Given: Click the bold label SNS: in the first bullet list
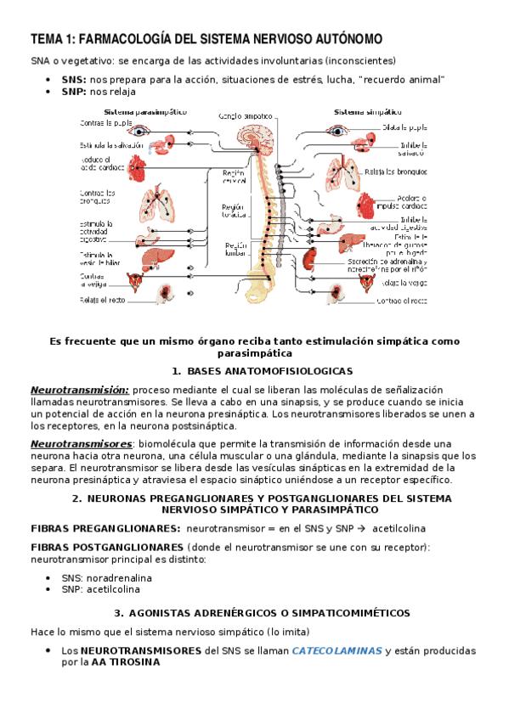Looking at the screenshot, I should point(74,79).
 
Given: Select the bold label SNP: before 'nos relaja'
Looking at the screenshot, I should point(74,92).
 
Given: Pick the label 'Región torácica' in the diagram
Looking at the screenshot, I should point(232,211).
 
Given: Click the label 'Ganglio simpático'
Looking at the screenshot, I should point(244,115).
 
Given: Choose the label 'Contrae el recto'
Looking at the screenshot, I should point(401,301).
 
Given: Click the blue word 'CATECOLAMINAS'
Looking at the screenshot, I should point(336,650).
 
